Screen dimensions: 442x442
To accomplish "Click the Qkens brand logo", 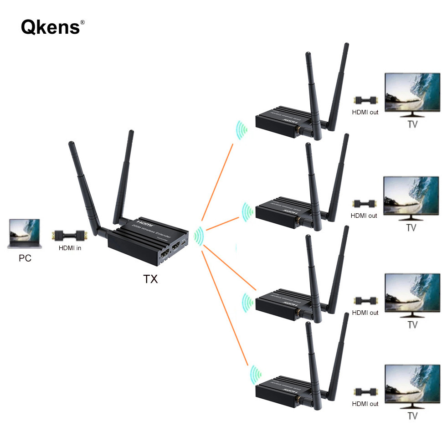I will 50,27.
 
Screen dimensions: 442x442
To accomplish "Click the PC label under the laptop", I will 25,258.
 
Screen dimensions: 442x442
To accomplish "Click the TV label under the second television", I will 411,228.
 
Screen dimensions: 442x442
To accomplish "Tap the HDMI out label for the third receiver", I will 365,313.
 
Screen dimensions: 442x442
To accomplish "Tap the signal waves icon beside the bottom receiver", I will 253,375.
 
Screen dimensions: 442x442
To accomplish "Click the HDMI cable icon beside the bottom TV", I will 366,391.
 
